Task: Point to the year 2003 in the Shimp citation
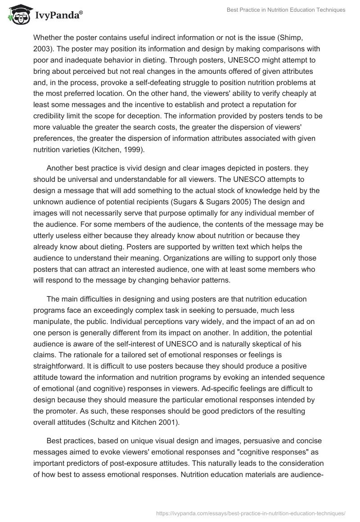click(43, 49)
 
